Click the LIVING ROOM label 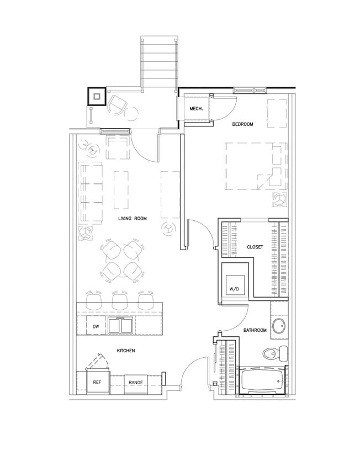132,219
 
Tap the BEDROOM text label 242,124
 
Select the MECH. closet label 197,109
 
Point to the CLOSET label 255,247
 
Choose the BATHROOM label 255,330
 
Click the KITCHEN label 126,351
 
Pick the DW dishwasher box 95,326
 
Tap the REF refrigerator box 97,382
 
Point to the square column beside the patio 97,97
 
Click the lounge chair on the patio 117,104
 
